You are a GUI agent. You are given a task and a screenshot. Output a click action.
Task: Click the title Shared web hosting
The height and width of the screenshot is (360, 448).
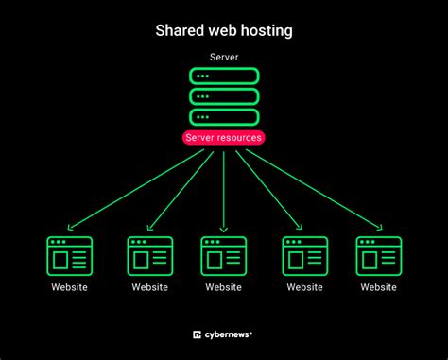(223, 31)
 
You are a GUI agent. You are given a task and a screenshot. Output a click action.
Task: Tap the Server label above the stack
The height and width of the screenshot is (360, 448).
(224, 59)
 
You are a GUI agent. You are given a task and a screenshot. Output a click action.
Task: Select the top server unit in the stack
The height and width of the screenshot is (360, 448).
(224, 76)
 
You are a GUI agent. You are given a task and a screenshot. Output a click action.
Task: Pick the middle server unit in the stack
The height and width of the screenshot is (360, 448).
(224, 96)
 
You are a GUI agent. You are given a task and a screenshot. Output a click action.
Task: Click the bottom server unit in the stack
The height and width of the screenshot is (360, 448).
(224, 117)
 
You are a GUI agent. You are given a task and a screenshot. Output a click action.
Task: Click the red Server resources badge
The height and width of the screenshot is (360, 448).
(224, 138)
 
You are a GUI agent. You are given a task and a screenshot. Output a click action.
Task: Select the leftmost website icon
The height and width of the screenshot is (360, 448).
(69, 255)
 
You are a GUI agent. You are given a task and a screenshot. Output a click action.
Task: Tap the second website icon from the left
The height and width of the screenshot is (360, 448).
(150, 255)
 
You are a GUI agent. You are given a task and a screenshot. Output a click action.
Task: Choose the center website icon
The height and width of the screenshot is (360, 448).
(224, 255)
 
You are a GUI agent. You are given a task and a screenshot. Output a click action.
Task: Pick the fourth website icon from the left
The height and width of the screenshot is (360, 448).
(305, 255)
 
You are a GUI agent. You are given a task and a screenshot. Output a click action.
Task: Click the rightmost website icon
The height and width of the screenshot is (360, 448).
(378, 255)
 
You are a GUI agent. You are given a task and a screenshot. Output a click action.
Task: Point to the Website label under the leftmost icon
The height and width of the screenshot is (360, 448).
(69, 287)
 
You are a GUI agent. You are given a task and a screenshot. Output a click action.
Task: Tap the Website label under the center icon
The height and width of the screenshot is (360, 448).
(224, 287)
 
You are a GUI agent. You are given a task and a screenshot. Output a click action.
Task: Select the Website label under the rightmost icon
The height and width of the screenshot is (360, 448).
(378, 287)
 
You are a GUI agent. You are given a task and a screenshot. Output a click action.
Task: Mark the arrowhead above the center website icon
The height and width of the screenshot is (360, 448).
(224, 228)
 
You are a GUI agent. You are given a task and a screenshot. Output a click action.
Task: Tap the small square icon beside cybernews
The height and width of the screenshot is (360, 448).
(197, 333)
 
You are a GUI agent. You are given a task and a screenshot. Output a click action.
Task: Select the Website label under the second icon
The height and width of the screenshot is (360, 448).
(150, 287)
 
